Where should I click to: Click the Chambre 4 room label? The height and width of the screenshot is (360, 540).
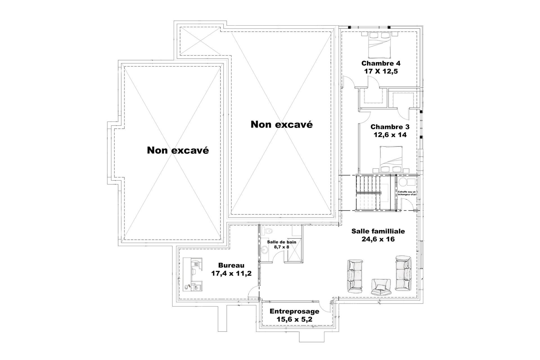tap(381, 63)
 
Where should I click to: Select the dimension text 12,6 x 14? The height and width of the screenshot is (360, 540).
tap(390, 135)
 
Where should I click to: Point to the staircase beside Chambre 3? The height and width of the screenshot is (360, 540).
tap(368, 193)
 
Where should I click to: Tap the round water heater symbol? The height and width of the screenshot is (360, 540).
tap(403, 182)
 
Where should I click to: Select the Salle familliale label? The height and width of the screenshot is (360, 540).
tap(378, 231)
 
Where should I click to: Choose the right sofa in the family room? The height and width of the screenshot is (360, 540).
tap(403, 273)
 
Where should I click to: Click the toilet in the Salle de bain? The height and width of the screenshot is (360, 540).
tap(267, 231)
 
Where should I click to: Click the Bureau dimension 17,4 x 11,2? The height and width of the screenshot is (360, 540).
tap(231, 273)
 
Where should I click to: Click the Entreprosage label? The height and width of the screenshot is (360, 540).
tap(294, 311)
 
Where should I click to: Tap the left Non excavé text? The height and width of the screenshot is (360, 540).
tap(178, 150)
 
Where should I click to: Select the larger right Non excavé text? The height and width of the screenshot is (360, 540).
tap(282, 124)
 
